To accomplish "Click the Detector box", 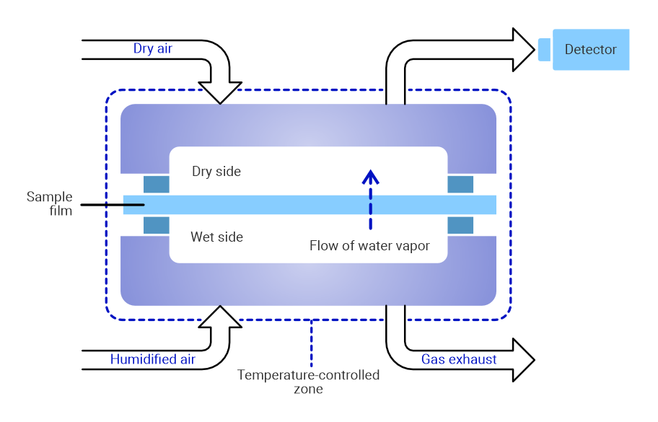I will [x=591, y=50].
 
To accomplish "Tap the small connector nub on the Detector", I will [x=545, y=49].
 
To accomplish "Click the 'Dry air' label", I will [x=153, y=49].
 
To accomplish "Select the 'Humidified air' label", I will [x=153, y=359].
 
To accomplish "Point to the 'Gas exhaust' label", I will [x=459, y=359].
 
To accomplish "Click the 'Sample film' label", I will [x=50, y=203].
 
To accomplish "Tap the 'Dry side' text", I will [x=216, y=172].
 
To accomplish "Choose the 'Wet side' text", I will [x=216, y=237].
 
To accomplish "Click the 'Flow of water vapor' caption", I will [x=369, y=246].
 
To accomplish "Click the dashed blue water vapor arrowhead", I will [x=370, y=176].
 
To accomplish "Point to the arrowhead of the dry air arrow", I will [x=220, y=92].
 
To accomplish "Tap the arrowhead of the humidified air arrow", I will [x=220, y=317].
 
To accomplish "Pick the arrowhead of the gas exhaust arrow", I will [x=523, y=359].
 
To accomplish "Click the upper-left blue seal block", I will [x=157, y=184].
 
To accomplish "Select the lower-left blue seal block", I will [x=157, y=225].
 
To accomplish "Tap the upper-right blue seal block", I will [x=460, y=184].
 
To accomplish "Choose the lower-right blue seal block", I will [x=460, y=225].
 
